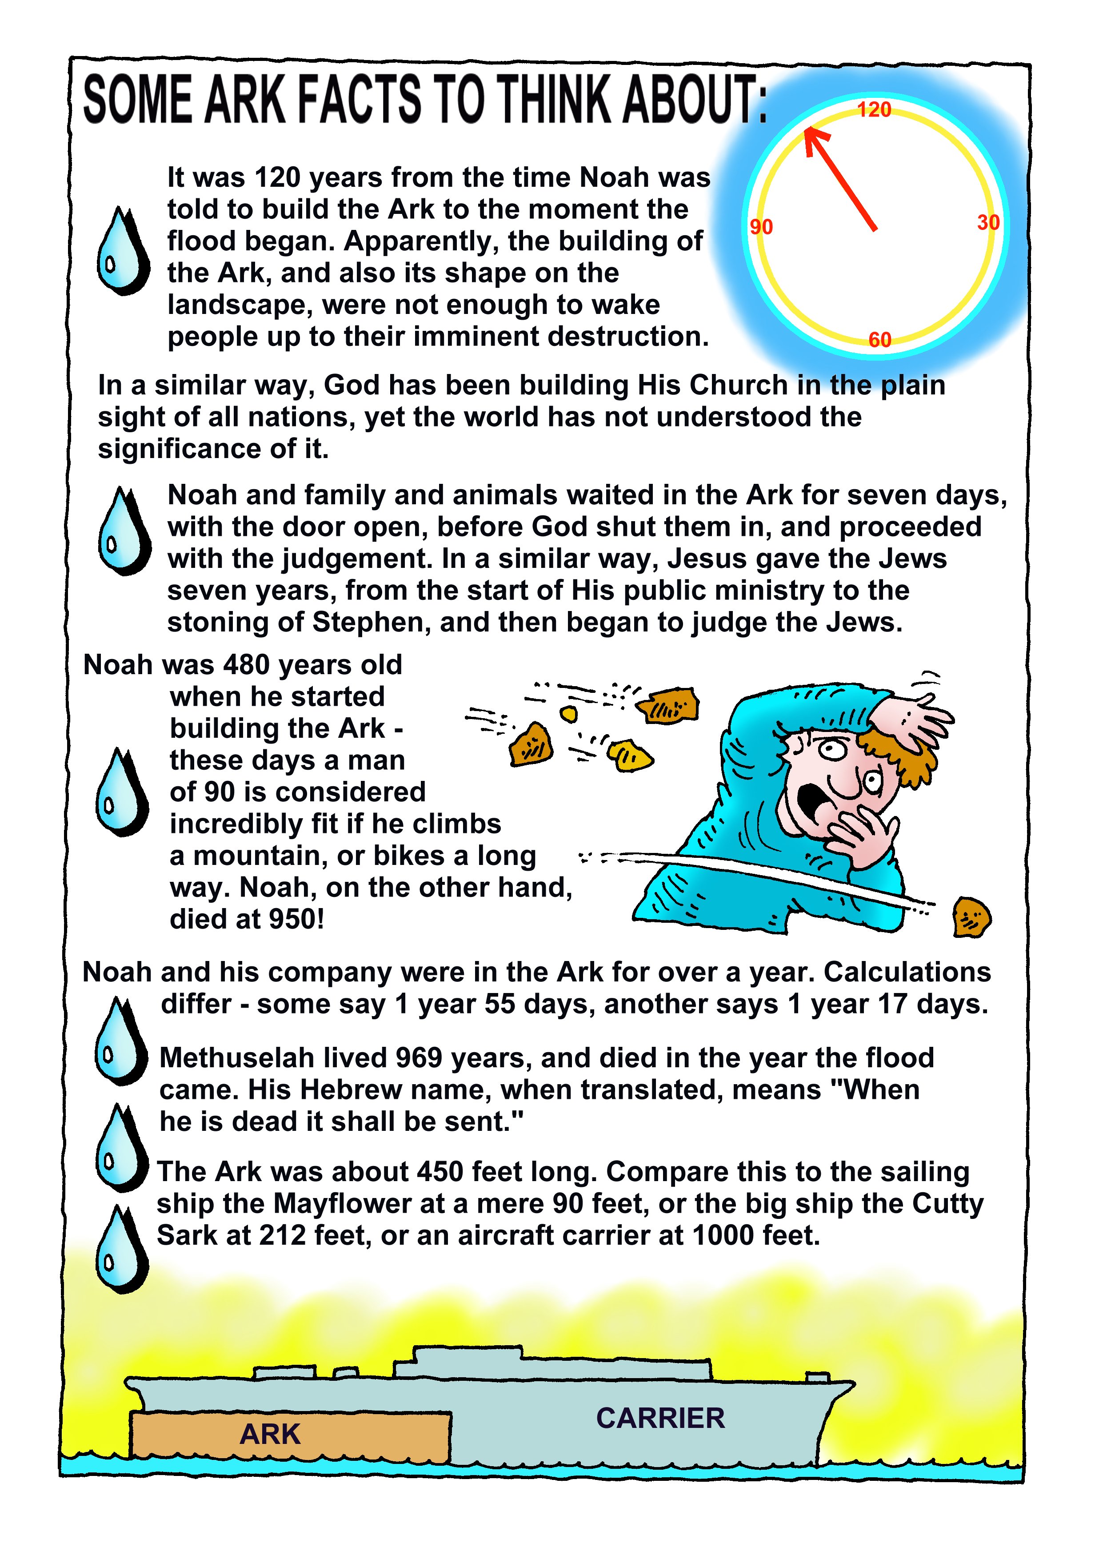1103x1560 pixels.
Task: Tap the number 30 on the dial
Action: click(x=988, y=222)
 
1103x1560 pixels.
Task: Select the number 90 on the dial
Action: click(x=761, y=227)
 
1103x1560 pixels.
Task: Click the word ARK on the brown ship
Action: click(x=270, y=1434)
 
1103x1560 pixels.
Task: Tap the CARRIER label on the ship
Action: click(x=660, y=1418)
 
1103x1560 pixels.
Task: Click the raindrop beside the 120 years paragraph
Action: click(x=123, y=251)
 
